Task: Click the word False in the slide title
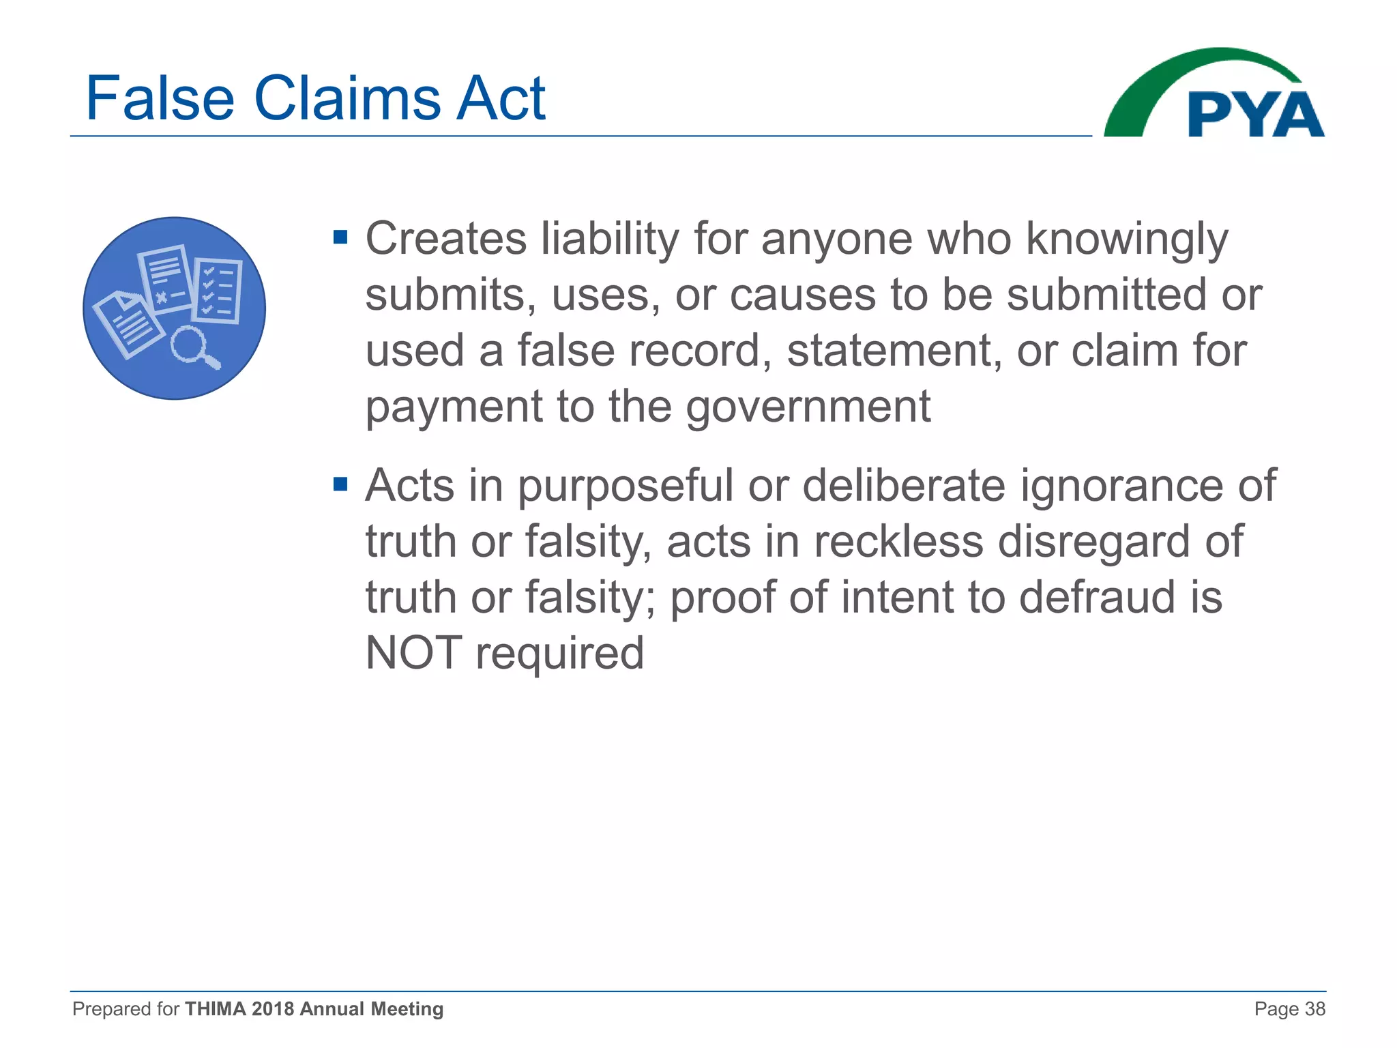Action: coord(160,99)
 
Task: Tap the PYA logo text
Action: coord(1255,115)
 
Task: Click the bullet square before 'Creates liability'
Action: coord(340,238)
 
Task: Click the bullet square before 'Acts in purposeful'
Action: coord(340,485)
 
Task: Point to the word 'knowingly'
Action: coord(1127,240)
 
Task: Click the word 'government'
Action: coord(808,407)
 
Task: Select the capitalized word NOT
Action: coord(413,653)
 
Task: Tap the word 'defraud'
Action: coord(1106,597)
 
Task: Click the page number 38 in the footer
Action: coord(1314,1009)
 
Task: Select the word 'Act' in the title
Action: coord(501,99)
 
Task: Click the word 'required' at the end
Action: coord(559,654)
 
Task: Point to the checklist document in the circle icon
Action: coord(218,291)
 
